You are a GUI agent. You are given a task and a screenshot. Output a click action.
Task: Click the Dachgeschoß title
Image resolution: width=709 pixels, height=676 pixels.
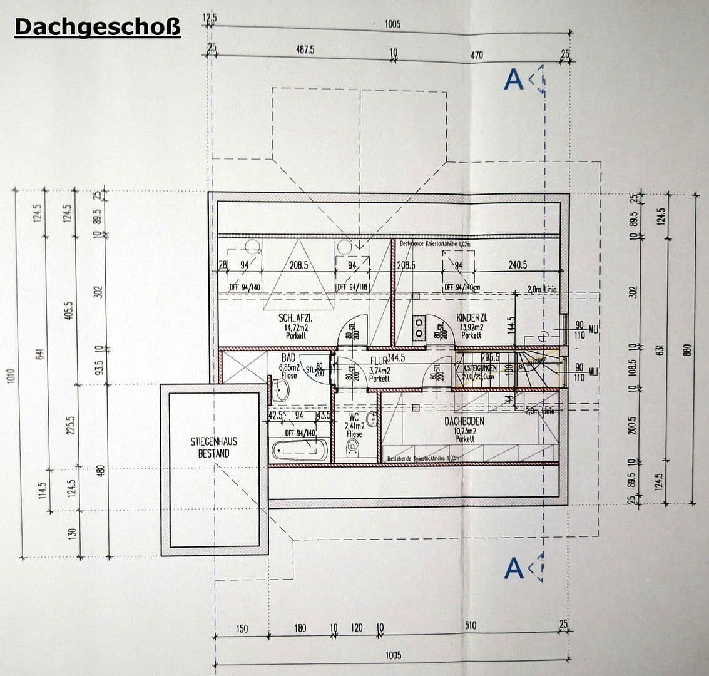pyautogui.click(x=97, y=28)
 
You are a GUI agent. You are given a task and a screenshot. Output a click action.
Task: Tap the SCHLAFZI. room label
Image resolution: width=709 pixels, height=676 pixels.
pyautogui.click(x=295, y=319)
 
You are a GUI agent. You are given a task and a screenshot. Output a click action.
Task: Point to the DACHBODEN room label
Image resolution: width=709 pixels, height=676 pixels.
pyautogui.click(x=464, y=422)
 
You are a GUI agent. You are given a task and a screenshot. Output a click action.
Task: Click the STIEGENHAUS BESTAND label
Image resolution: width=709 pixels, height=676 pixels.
pyautogui.click(x=213, y=448)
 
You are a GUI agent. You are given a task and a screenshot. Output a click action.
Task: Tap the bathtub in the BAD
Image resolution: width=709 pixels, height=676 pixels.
pyautogui.click(x=298, y=450)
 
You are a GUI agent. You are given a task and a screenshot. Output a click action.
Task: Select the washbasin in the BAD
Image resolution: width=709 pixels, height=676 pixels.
pyautogui.click(x=281, y=391)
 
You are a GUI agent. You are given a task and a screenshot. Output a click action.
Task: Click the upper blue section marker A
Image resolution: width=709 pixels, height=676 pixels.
pyautogui.click(x=514, y=79)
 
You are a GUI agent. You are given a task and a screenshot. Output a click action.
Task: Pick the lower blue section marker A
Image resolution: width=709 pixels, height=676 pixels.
pyautogui.click(x=514, y=568)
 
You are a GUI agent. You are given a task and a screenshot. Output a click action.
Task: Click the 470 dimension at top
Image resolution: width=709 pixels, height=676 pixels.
pyautogui.click(x=477, y=56)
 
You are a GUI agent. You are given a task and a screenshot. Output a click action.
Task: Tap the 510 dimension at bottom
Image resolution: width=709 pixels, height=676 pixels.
pyautogui.click(x=471, y=625)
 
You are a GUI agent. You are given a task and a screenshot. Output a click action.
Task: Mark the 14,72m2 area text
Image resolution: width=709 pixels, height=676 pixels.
pyautogui.click(x=295, y=327)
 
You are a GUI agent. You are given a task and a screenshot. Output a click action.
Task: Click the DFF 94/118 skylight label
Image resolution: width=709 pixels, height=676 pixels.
pyautogui.click(x=352, y=287)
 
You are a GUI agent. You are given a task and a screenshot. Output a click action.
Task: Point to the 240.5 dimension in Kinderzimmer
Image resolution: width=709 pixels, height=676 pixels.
pyautogui.click(x=517, y=265)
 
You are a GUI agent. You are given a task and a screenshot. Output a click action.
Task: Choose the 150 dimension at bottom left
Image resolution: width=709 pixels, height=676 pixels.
pyautogui.click(x=242, y=628)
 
